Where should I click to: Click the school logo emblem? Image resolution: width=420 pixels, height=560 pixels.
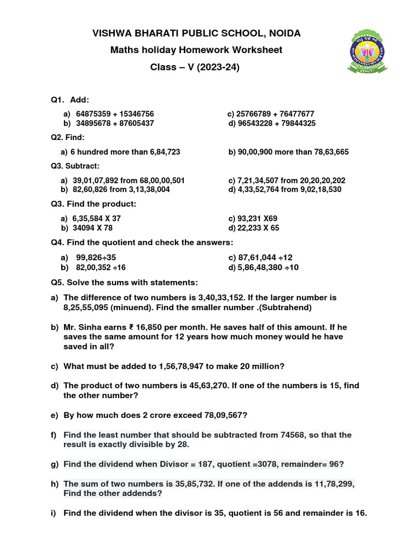(x=367, y=52)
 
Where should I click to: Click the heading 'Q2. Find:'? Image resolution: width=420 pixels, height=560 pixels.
(x=68, y=138)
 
